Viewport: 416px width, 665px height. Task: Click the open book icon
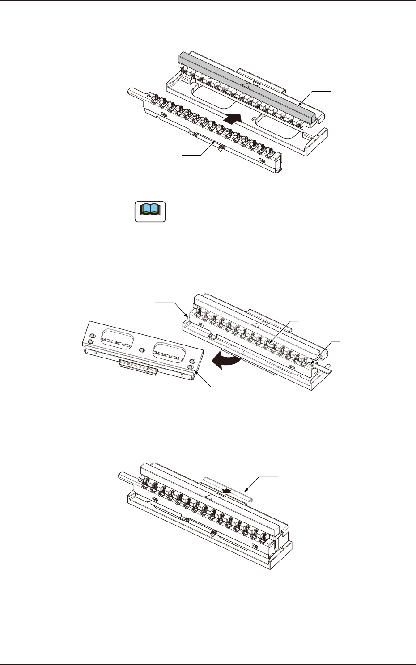150,212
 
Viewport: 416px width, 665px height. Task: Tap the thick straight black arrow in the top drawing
233,119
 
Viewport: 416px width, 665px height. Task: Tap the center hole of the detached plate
142,350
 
